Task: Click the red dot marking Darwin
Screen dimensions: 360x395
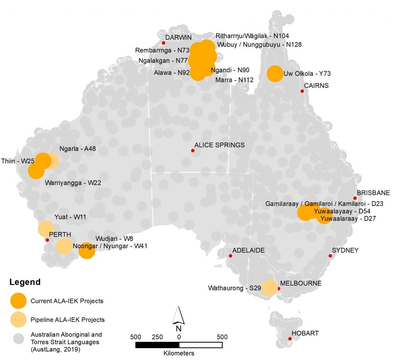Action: tap(164, 43)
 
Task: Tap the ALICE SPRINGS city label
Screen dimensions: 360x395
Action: tap(219, 145)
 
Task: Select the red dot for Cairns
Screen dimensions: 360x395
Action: tap(302, 91)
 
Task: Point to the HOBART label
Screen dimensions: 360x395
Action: tap(305, 333)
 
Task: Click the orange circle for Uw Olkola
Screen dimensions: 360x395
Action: tap(275, 74)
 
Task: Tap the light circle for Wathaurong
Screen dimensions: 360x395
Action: tap(269, 288)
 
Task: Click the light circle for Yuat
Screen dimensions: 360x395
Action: tap(46, 229)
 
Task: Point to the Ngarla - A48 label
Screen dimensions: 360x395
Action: tap(78, 148)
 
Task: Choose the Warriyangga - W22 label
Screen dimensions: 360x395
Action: tap(73, 183)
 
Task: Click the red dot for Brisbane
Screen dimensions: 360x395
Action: tap(355, 198)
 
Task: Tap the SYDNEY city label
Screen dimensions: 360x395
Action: tap(345, 250)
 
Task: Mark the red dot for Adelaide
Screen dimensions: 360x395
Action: tap(231, 256)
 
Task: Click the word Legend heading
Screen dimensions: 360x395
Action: tap(25, 282)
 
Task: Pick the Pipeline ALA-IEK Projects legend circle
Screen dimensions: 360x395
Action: tap(18, 320)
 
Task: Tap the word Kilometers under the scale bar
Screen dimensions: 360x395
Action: tap(179, 353)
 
